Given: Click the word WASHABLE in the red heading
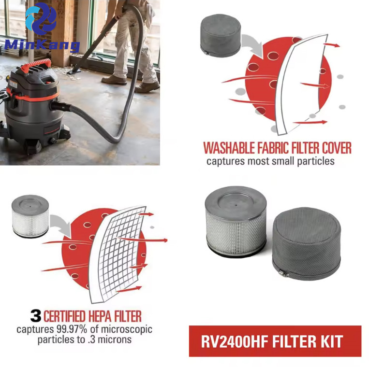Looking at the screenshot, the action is [229, 148].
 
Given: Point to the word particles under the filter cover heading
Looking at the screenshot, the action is [316, 162].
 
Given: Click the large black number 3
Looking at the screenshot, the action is [36, 316].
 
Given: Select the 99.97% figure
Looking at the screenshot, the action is [72, 329].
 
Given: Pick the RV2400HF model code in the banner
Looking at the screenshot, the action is [235, 341].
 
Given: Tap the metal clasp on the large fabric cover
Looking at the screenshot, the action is [283, 273].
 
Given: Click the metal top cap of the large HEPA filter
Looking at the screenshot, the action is [236, 203].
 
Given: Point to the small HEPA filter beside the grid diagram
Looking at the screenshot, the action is [30, 216].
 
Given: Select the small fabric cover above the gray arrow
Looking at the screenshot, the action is [221, 36].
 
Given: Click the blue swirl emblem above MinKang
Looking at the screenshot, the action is [41, 18].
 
